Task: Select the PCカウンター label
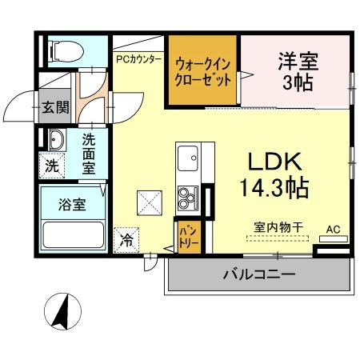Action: click(x=139, y=58)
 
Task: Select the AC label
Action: click(x=333, y=230)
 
